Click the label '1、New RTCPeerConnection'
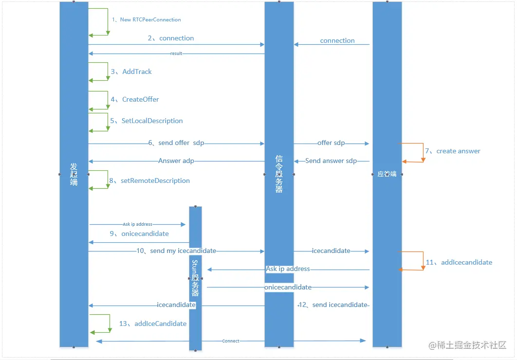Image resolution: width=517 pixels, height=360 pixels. coord(146,20)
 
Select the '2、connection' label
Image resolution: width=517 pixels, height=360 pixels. coord(171,38)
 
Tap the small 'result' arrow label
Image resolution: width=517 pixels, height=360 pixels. coord(176,54)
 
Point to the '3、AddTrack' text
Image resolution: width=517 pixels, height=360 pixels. coord(131,72)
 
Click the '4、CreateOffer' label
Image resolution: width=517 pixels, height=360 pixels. coord(135,99)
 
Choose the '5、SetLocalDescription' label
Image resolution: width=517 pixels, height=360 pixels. coord(147,121)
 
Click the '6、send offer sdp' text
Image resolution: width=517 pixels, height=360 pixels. coord(176,143)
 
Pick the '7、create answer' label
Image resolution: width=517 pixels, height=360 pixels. coord(453,151)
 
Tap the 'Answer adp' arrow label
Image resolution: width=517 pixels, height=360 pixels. coord(176,161)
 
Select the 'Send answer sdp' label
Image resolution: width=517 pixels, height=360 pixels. coord(331,161)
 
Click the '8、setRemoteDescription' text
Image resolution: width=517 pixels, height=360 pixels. coord(149,180)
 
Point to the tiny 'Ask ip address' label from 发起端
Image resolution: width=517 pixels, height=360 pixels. coord(137,224)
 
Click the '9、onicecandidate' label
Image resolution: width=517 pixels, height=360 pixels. coord(139,234)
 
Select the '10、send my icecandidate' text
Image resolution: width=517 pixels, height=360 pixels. coord(176,251)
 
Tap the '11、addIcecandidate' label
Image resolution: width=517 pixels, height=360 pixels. coord(459,262)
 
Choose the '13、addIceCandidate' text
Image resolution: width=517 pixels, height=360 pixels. coord(153,324)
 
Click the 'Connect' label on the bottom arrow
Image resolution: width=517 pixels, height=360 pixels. coord(231,341)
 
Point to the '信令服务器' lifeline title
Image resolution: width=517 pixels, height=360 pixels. coord(279,174)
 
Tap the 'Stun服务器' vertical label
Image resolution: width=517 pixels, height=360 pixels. coord(195,278)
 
